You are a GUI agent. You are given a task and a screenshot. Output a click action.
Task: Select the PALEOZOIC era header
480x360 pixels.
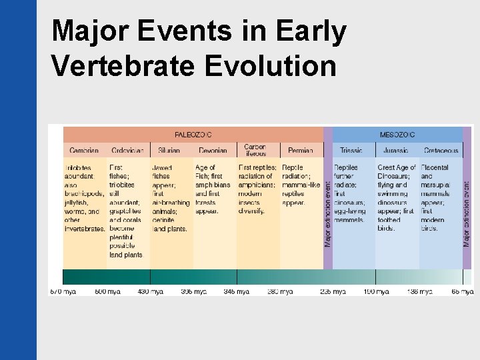click(193, 135)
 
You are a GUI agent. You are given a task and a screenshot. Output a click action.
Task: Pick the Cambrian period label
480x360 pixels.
click(83, 151)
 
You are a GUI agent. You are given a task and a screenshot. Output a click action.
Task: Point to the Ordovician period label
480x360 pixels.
click(127, 151)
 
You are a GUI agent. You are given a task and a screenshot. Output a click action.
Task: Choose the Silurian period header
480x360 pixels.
click(170, 151)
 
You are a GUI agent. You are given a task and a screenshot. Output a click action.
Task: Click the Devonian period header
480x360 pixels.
click(213, 151)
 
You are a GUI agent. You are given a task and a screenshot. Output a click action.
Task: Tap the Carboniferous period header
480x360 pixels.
click(255, 150)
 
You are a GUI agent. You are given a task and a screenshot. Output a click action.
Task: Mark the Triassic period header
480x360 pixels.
click(351, 151)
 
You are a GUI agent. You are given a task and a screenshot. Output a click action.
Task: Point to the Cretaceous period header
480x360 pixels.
click(441, 151)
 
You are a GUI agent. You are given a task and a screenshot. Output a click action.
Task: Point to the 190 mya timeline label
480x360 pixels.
click(375, 291)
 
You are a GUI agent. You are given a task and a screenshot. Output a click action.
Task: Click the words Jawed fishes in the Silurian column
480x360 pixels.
click(163, 172)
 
